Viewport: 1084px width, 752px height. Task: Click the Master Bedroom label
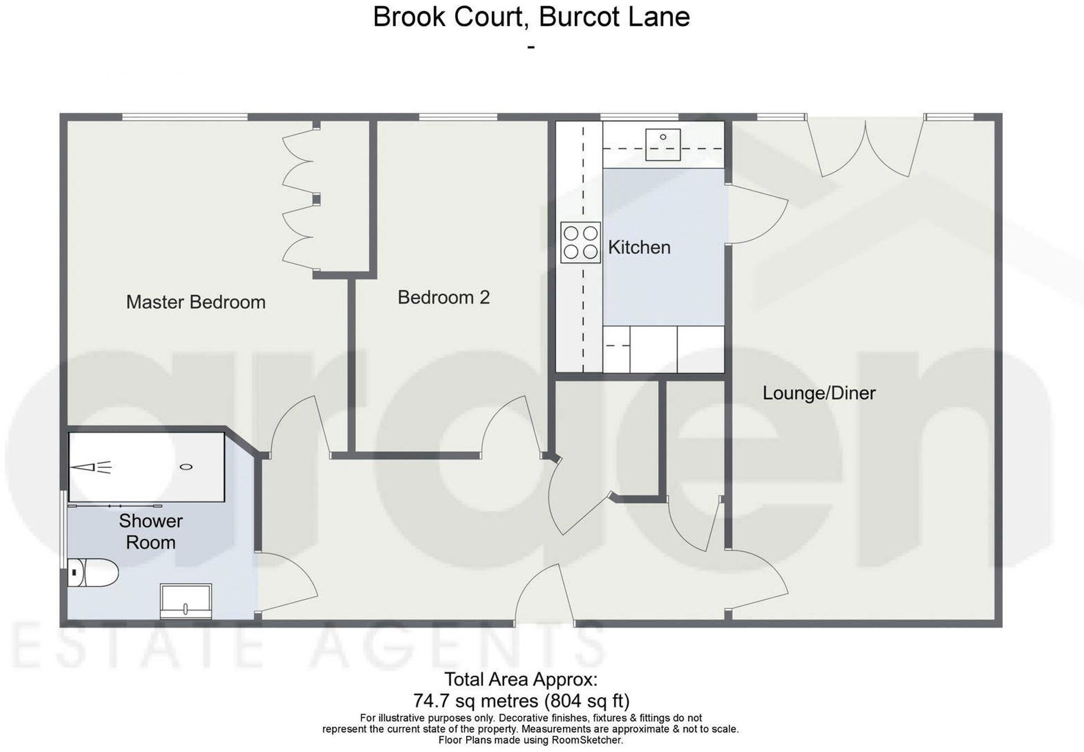196,302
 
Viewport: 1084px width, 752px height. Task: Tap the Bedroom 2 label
444,297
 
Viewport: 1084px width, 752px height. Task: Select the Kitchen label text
639,247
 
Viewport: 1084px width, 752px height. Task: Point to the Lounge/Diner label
819,393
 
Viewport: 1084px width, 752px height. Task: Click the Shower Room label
150,531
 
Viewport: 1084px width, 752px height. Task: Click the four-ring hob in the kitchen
580,242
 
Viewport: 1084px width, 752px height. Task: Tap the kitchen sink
663,144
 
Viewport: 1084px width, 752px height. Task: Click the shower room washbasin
186,601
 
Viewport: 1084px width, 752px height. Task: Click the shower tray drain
186,467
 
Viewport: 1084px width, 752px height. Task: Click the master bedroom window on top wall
184,117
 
